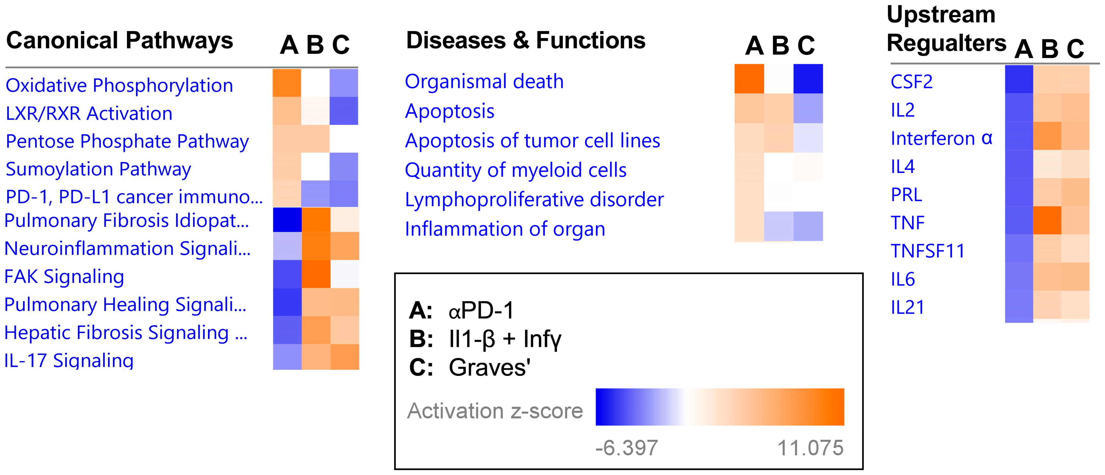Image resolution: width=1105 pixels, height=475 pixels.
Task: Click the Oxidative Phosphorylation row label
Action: (x=119, y=85)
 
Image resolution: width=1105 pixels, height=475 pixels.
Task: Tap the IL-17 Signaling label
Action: (x=69, y=360)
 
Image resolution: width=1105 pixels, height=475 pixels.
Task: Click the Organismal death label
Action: (x=484, y=81)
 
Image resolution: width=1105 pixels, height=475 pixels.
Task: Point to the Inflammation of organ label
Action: (x=505, y=229)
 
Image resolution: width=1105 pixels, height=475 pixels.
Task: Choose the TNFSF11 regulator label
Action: (x=927, y=251)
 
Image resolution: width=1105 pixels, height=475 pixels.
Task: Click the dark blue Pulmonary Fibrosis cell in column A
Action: (x=287, y=220)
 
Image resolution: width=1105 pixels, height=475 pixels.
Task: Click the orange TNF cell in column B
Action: (x=1047, y=221)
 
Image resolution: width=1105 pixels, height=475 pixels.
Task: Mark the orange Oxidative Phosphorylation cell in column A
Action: (x=287, y=83)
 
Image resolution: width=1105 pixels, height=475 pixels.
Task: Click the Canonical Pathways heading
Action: (x=120, y=41)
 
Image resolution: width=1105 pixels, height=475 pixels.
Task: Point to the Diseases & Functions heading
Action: (x=526, y=41)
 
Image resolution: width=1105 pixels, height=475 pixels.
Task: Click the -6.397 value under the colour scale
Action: (x=626, y=448)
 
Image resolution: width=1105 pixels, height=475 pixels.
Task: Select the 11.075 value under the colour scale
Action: (x=810, y=448)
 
